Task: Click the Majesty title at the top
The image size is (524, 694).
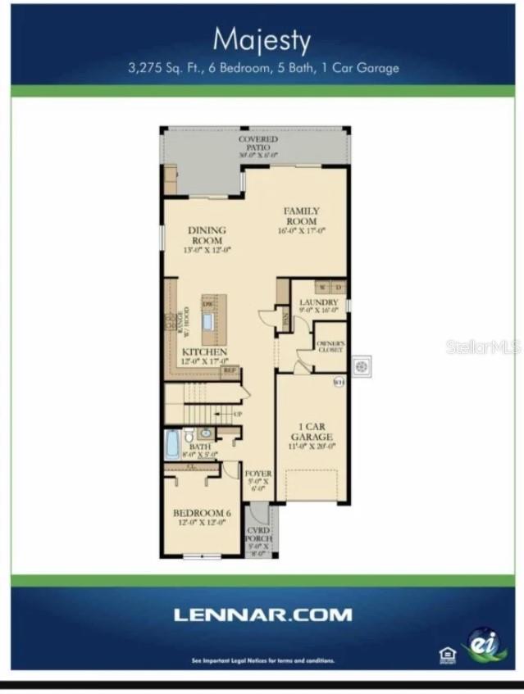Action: (262, 39)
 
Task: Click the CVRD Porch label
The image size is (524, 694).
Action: (259, 541)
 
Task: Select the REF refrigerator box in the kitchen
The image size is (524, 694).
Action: (230, 370)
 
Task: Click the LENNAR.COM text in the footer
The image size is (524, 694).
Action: (262, 614)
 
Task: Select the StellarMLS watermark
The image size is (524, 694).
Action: (483, 347)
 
